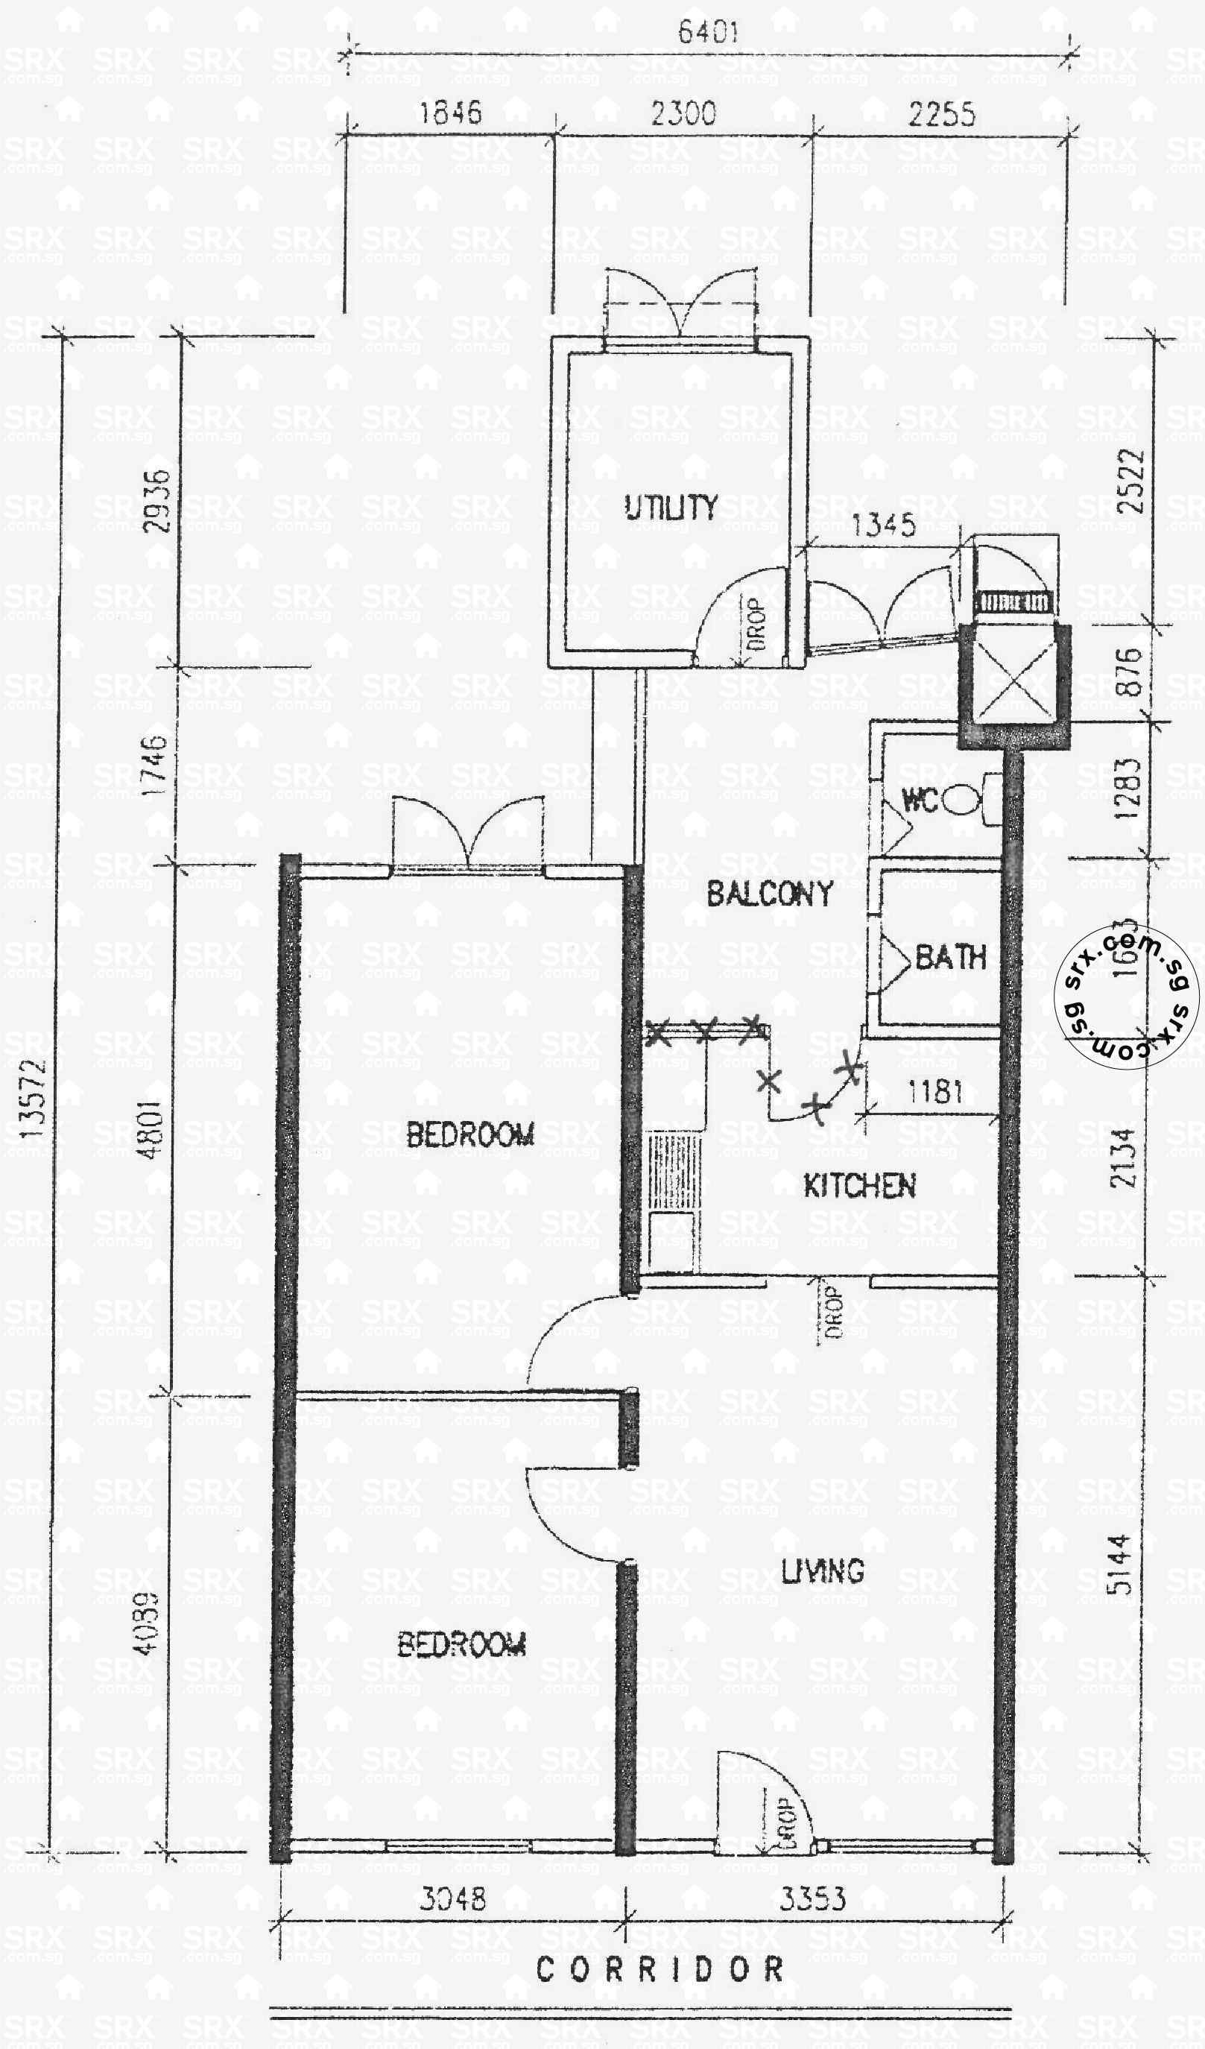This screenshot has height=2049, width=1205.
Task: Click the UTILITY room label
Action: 671,508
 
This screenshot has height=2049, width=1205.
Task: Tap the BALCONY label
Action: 769,894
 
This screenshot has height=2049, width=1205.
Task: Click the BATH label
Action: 950,957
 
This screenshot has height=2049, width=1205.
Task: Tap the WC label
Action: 920,801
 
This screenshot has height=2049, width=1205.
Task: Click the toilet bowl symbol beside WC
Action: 965,799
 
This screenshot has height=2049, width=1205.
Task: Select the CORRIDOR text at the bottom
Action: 660,1969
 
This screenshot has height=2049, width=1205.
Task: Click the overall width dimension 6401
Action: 707,33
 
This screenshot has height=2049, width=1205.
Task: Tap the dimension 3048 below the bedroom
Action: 453,1898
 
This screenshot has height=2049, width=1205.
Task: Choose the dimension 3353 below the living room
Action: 812,1898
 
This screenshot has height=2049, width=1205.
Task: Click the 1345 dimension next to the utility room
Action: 884,525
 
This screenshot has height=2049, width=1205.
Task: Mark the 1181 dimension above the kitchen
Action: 935,1090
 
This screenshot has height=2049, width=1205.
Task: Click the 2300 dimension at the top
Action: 683,113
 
